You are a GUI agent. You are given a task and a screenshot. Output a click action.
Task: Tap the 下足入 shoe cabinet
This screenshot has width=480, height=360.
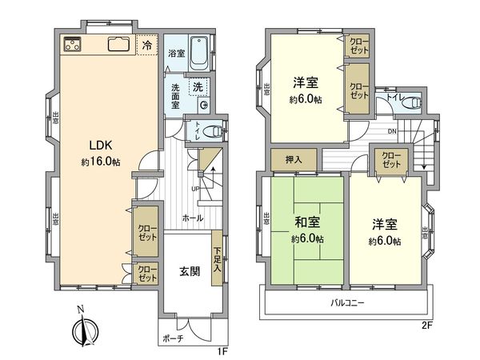point(218,258)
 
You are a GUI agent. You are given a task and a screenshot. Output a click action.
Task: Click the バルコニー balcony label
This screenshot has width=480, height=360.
point(348,303)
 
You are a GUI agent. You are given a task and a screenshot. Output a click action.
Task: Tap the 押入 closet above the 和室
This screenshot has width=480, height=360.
point(294,160)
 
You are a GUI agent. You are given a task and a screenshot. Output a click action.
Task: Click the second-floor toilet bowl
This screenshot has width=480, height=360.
point(411,102)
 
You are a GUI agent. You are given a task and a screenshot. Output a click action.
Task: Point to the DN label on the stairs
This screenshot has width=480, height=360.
point(391,131)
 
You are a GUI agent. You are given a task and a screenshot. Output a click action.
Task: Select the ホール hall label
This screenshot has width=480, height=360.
point(192,217)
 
